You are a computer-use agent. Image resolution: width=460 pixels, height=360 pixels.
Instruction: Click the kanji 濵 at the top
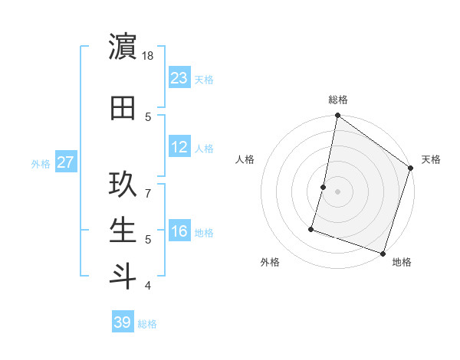(x=123, y=47)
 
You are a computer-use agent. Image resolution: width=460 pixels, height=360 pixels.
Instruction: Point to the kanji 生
(x=123, y=231)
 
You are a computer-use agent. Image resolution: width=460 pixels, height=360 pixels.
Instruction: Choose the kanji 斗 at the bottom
(x=123, y=277)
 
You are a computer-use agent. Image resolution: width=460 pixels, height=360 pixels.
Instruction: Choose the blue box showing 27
(x=66, y=162)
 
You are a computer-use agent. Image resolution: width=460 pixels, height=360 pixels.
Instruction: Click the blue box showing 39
(x=123, y=322)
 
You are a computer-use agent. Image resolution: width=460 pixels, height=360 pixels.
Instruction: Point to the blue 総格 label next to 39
(x=148, y=324)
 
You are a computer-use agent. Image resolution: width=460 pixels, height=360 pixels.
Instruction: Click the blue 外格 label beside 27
(x=41, y=163)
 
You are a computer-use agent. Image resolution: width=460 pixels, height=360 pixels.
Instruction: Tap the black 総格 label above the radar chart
(x=337, y=100)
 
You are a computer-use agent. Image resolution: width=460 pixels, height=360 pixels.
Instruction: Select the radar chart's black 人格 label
(x=245, y=159)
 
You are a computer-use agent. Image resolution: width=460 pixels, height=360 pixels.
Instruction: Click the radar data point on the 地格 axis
(x=382, y=253)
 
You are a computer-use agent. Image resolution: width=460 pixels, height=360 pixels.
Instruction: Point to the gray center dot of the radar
(x=337, y=191)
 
